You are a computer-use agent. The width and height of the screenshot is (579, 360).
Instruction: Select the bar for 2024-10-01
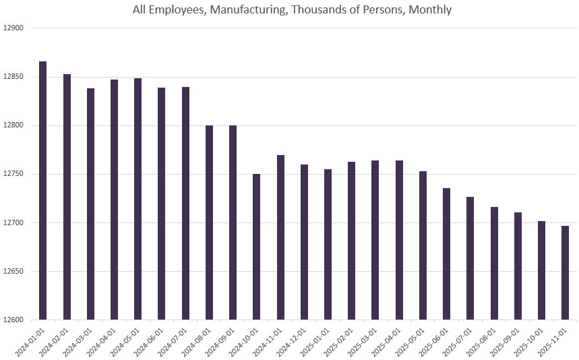[257, 247]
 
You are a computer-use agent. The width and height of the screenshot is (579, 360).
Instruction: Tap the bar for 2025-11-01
[565, 272]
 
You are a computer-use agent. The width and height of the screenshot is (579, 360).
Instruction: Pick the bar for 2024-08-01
[209, 222]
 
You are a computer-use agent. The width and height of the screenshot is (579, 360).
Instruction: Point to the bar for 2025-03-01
[375, 240]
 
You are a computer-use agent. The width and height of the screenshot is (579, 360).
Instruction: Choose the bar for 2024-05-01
[138, 199]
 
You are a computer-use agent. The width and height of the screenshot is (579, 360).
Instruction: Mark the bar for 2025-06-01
[446, 254]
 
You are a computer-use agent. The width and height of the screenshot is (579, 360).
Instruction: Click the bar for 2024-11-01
[280, 237]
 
